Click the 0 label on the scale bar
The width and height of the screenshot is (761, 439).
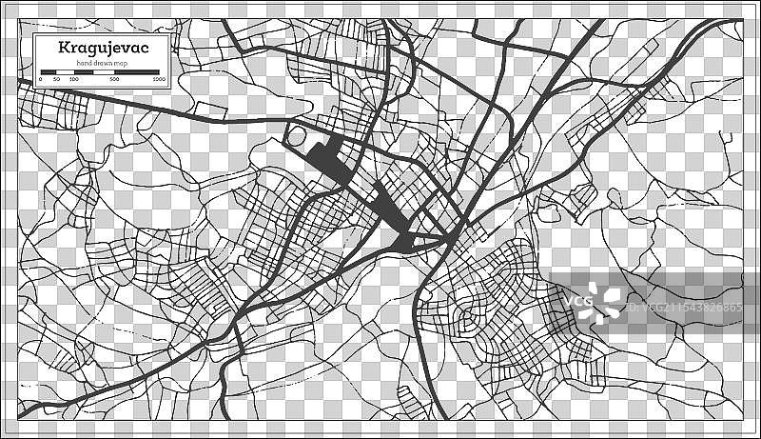tap(40, 78)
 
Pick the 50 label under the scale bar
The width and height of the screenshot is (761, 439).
tap(57, 78)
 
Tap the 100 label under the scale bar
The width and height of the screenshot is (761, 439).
tap(74, 78)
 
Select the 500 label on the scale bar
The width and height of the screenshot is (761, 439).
tap(115, 78)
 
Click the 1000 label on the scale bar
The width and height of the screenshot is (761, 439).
tap(158, 78)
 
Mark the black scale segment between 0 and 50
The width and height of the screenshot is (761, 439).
tap(49, 71)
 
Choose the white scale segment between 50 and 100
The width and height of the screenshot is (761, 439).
tap(66, 71)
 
